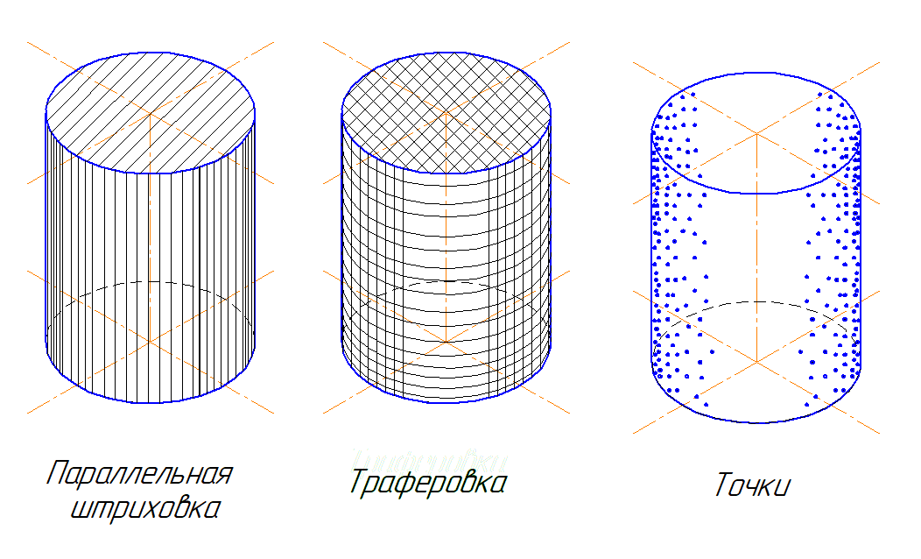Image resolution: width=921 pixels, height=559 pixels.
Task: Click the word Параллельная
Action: click(139, 474)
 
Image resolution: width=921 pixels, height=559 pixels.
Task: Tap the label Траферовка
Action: click(428, 482)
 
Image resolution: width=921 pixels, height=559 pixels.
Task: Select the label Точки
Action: click(752, 485)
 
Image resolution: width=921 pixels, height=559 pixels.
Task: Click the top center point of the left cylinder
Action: click(151, 113)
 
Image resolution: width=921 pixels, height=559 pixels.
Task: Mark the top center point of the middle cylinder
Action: click(446, 113)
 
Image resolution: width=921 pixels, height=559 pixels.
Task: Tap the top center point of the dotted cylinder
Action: click(756, 133)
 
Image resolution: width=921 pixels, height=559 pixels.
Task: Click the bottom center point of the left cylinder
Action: click(151, 341)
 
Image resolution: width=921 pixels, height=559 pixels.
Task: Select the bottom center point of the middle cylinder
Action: click(446, 341)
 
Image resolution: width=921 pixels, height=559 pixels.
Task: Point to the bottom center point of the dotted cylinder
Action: click(756, 361)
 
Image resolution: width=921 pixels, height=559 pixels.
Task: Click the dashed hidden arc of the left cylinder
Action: click(151, 282)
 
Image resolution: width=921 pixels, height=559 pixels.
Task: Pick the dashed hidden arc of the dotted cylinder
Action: click(756, 302)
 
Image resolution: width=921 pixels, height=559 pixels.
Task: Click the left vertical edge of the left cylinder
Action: click(46, 228)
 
